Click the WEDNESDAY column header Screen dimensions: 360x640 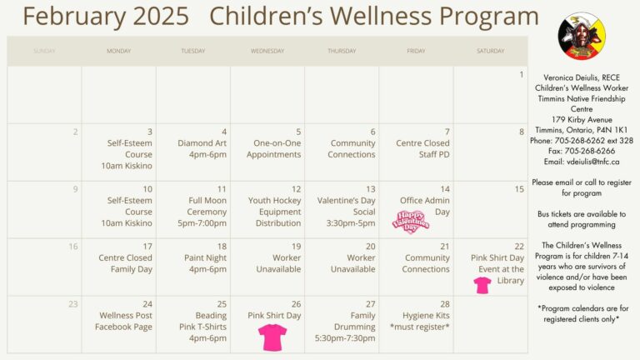(x=267, y=51)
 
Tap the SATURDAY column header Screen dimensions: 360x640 (x=490, y=51)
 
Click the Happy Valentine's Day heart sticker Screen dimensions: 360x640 (x=412, y=222)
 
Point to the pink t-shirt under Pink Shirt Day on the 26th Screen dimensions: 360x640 (x=272, y=337)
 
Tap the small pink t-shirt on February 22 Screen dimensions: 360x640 (x=482, y=285)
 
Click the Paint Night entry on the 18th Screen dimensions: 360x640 (x=205, y=263)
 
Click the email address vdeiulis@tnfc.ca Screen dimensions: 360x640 (x=582, y=162)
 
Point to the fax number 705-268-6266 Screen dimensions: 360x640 (x=582, y=151)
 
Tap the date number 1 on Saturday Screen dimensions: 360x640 (x=522, y=74)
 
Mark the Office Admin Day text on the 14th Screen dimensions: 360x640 (x=425, y=206)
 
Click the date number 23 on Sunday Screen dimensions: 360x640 (x=72, y=304)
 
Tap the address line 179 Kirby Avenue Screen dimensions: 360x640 (x=582, y=119)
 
